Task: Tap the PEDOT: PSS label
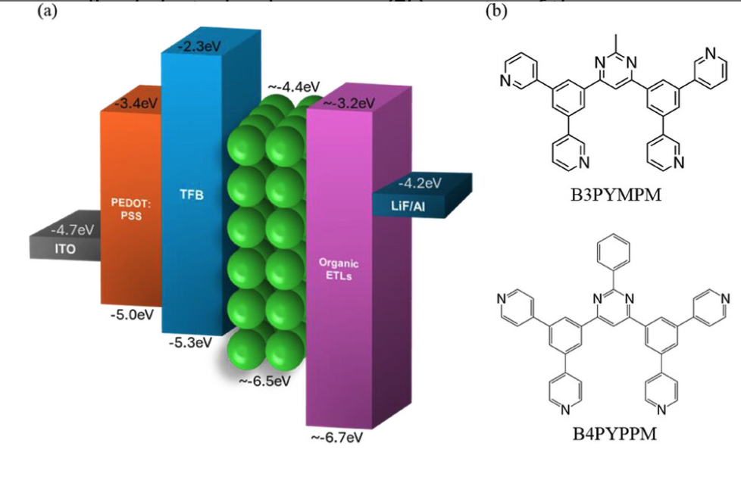tap(126, 209)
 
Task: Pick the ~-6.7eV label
tap(338, 438)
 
